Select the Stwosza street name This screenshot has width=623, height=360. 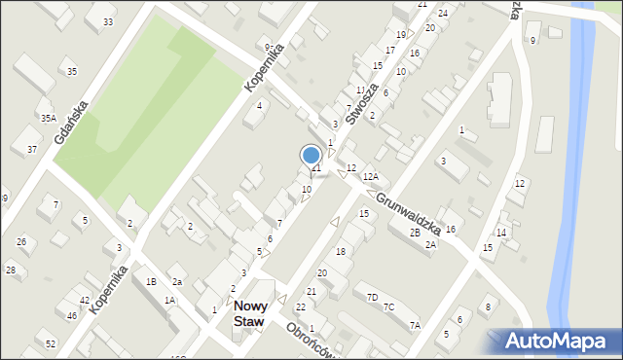[x=363, y=94]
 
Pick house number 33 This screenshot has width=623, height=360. [x=107, y=22]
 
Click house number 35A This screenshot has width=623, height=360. [x=48, y=118]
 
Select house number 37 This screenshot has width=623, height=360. [x=32, y=149]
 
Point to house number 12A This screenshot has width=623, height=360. [x=371, y=177]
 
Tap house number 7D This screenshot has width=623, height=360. [x=372, y=297]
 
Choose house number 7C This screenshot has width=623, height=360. [x=388, y=307]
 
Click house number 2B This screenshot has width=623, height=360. [x=415, y=233]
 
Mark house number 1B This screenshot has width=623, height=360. [x=151, y=282]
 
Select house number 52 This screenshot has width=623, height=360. [x=51, y=344]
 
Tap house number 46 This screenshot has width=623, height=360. [x=71, y=315]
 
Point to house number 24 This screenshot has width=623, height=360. [x=443, y=14]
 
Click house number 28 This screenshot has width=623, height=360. [x=11, y=270]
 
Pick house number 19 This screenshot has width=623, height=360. [x=400, y=35]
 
